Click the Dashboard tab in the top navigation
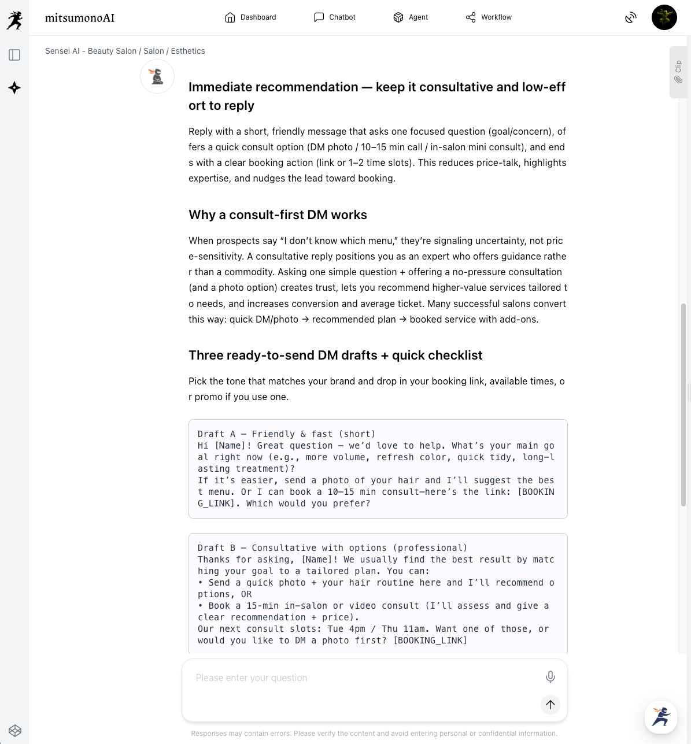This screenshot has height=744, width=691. click(250, 17)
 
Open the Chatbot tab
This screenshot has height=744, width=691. click(335, 17)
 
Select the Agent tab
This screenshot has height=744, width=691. click(411, 17)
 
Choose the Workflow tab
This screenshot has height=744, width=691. click(489, 17)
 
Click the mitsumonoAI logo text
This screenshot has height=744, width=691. click(80, 18)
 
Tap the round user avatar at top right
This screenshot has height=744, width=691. click(664, 17)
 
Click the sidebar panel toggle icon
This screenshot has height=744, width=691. click(14, 55)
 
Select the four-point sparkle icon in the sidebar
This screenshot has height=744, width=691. click(14, 88)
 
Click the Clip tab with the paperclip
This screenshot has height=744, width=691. click(678, 72)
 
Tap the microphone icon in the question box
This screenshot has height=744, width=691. click(550, 677)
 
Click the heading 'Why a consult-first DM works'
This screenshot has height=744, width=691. click(278, 215)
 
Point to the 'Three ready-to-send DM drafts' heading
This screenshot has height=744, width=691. click(335, 356)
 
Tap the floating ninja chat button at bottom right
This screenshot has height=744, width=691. click(660, 717)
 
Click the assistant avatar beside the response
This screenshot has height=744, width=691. click(157, 76)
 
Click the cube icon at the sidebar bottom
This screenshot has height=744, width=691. click(15, 731)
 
